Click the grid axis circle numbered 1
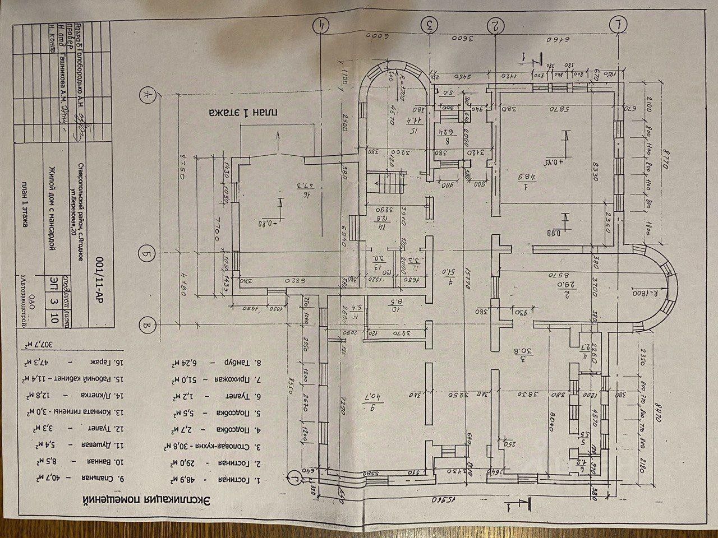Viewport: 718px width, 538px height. pos(619,25)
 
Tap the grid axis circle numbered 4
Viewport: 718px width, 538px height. pos(321,25)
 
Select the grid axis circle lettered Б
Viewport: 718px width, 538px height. pos(147,254)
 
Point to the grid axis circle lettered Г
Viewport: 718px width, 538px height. pos(294,479)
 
